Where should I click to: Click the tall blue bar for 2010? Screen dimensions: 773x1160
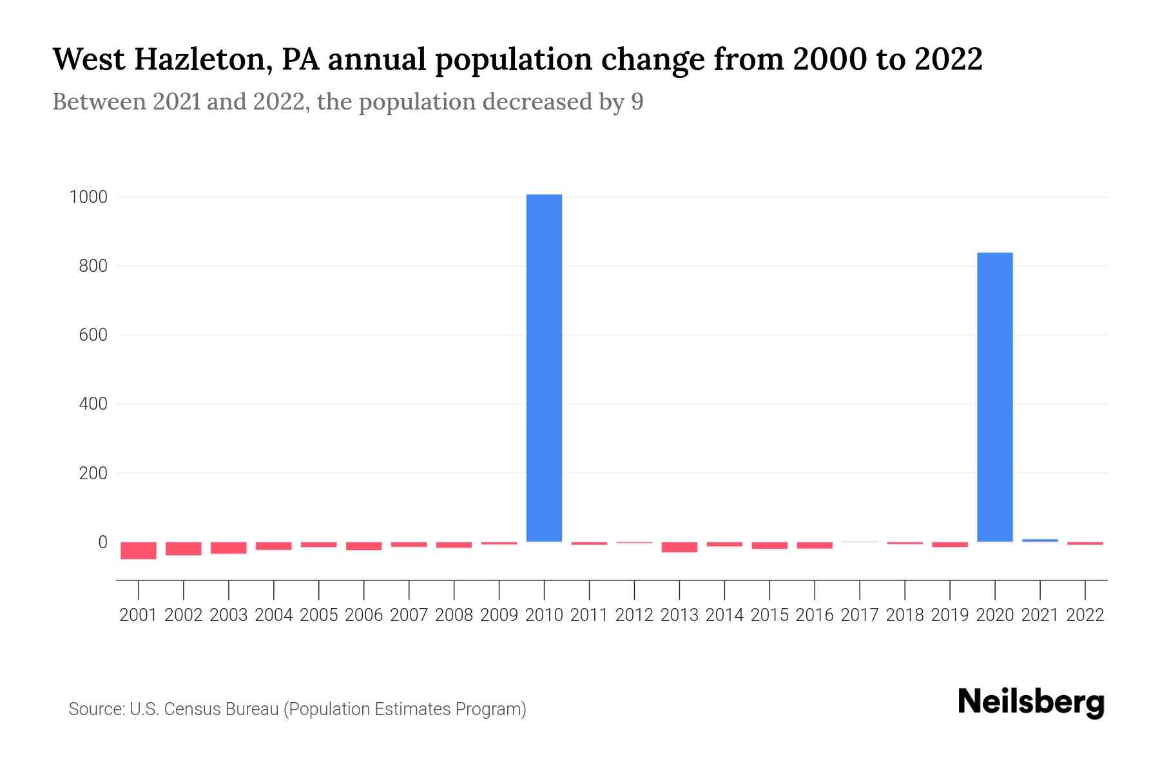544,367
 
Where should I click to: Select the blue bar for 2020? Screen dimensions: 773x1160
994,397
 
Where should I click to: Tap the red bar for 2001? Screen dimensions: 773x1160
139,550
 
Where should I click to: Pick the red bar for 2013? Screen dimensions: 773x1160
679,547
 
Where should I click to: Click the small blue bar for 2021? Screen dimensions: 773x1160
1039,540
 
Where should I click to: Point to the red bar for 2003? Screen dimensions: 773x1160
229,548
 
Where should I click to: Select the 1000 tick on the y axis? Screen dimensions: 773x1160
88,197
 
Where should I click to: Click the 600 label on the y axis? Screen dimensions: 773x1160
93,335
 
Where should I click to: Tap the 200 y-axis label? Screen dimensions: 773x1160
93,473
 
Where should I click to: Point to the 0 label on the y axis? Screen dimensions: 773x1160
102,542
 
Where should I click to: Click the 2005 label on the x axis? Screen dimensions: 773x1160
319,615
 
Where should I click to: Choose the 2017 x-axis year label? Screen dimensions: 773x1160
860,615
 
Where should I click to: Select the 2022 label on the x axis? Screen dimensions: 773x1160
1085,615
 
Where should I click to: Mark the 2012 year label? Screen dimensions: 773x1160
634,615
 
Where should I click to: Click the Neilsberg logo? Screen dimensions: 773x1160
1031,702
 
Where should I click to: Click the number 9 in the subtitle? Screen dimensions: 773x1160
637,102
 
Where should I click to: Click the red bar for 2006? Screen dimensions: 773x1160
364,546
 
